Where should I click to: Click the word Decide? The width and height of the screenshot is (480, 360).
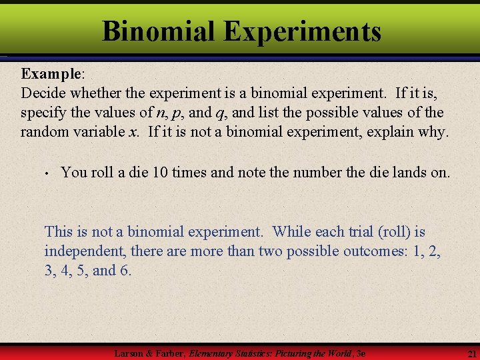(x=41, y=92)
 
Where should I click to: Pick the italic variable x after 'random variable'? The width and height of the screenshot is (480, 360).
(x=133, y=131)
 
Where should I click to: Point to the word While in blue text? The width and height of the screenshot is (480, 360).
(x=293, y=231)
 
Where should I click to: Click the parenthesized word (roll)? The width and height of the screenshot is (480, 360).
(x=392, y=231)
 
